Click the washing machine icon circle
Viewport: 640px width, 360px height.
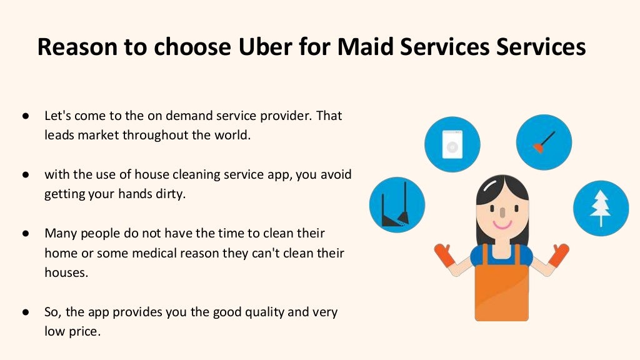[x=452, y=144]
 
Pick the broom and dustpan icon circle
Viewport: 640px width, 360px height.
[x=397, y=205]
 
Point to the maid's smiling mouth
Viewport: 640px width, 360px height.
[x=501, y=223]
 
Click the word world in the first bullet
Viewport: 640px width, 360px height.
[x=233, y=135]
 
